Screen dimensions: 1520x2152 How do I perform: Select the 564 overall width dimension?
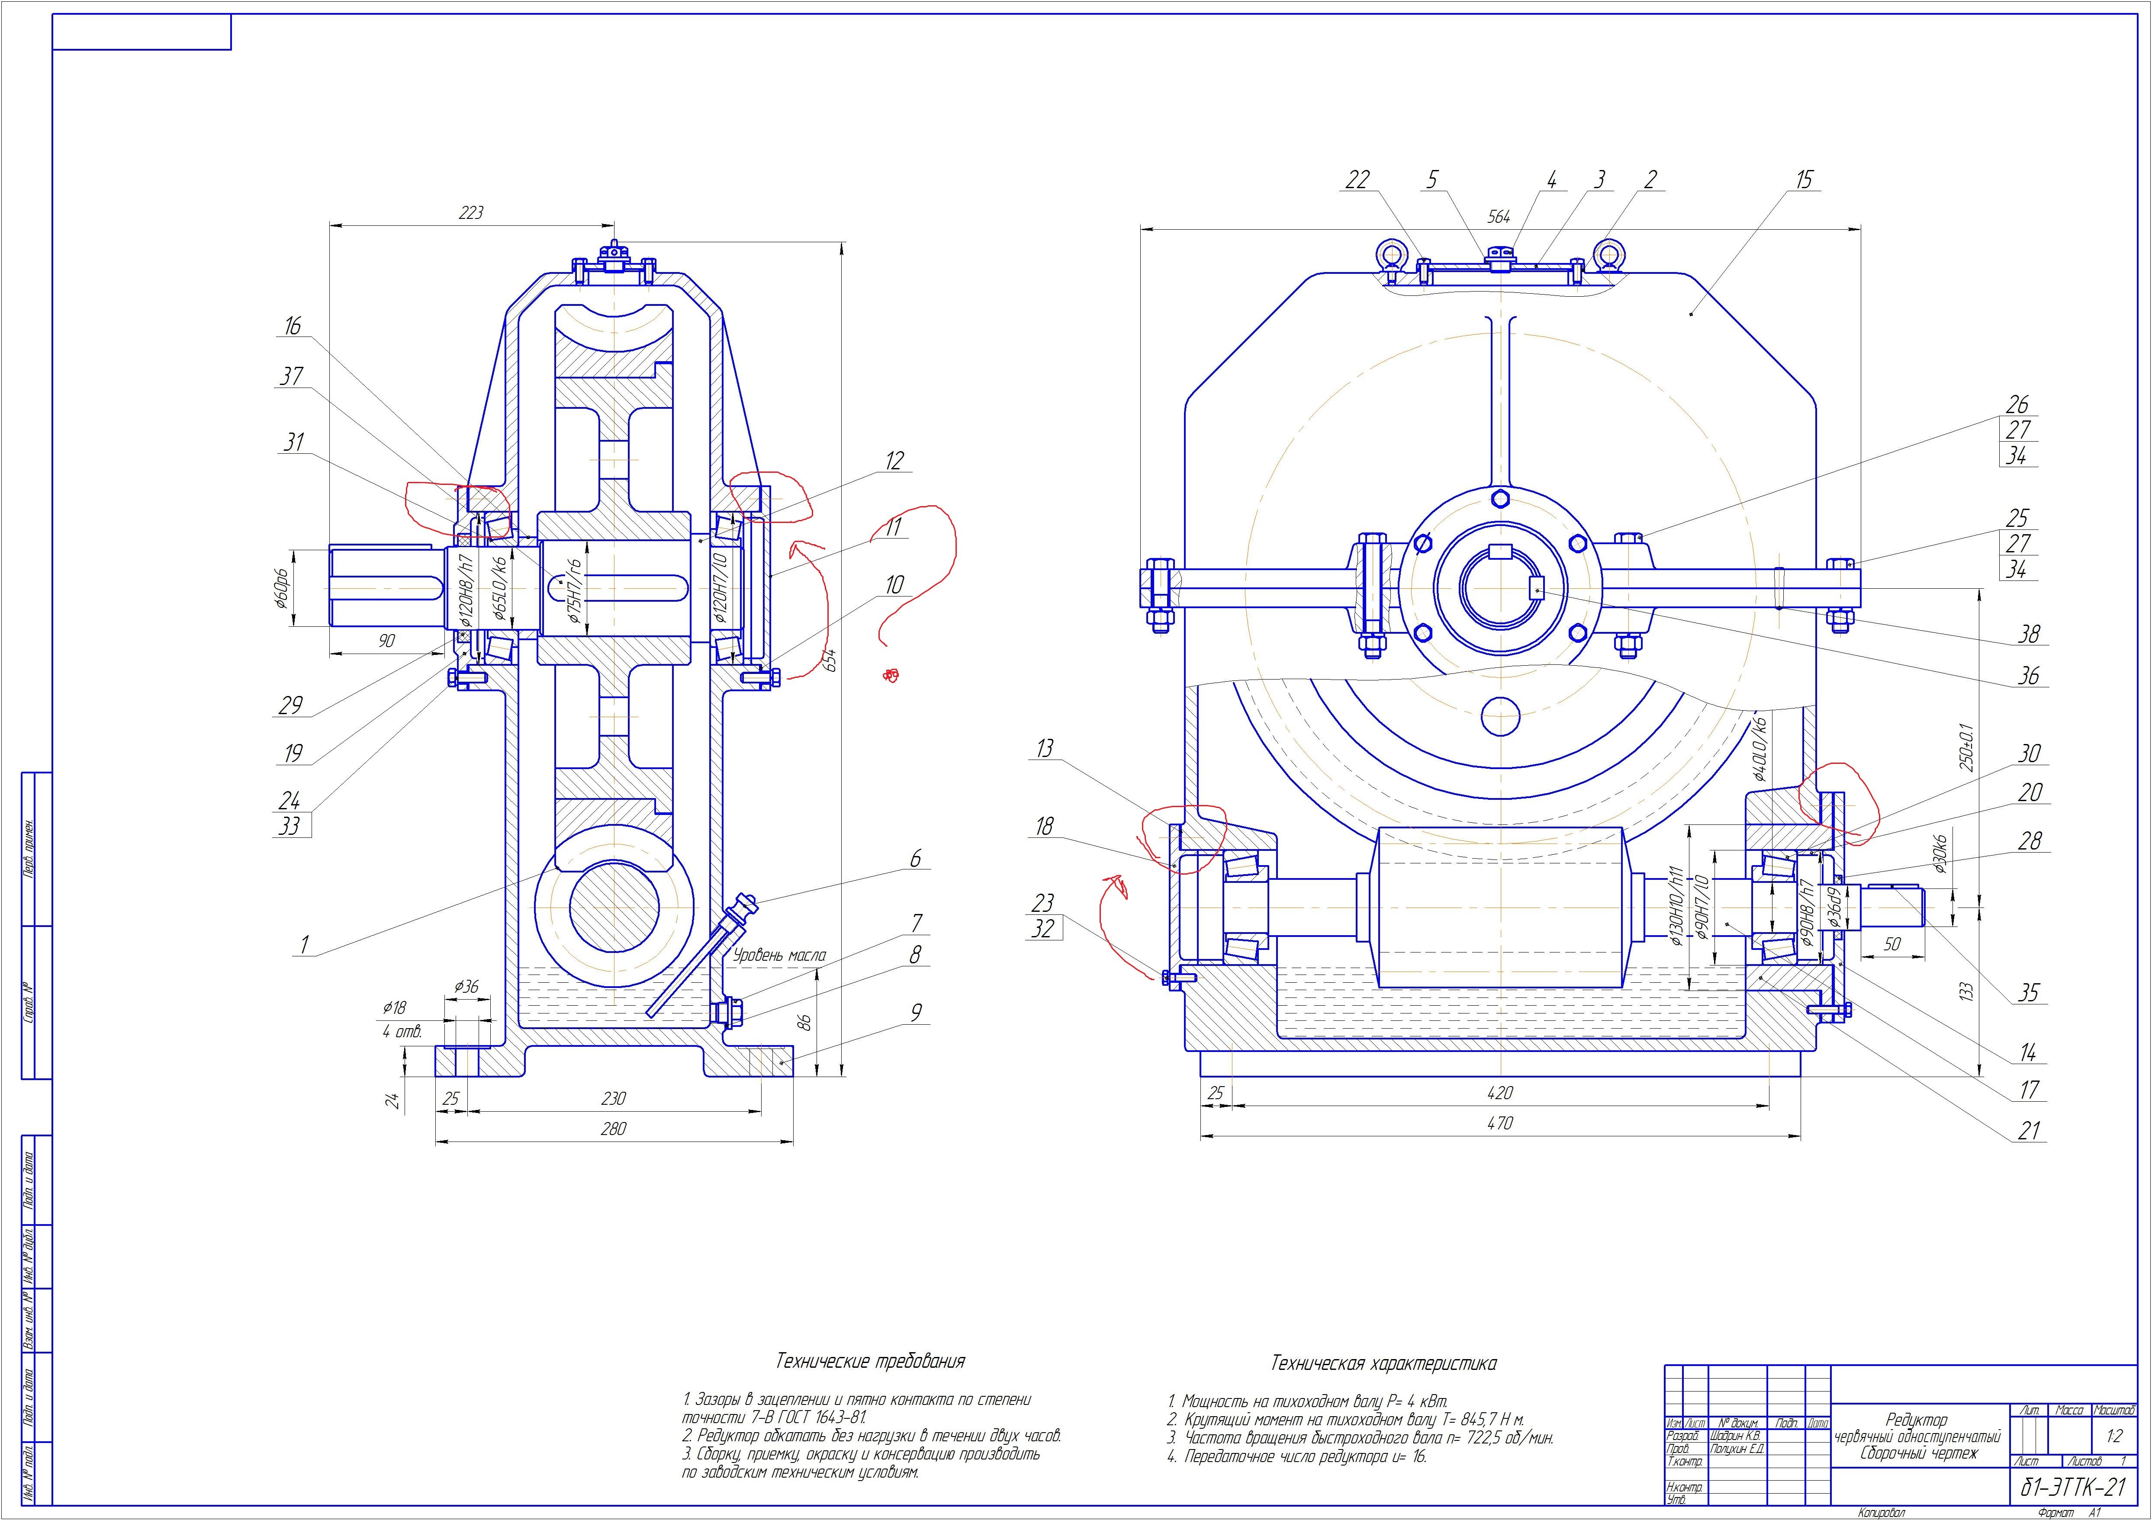coord(1499,216)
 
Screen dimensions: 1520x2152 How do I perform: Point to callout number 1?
coord(303,946)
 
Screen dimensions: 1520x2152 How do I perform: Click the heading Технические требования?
coord(870,1361)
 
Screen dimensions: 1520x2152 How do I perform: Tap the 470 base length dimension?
coord(1500,1122)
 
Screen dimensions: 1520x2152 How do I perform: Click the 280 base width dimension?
coord(613,1129)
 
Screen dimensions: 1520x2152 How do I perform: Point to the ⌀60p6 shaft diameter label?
coord(279,587)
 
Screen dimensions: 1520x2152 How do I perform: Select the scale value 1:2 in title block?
coord(2113,1436)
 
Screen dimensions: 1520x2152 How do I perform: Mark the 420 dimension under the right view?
coord(1500,1093)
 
